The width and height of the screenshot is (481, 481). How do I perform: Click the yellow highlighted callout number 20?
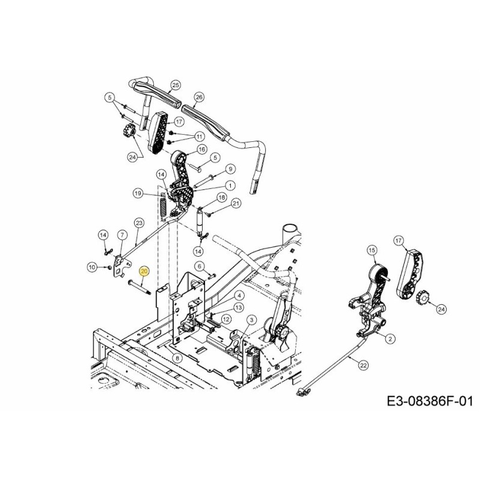(144, 272)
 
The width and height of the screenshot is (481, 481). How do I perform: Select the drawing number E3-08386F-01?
(430, 401)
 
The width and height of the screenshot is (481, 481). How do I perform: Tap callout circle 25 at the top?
(176, 85)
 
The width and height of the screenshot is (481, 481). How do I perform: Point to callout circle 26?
(199, 97)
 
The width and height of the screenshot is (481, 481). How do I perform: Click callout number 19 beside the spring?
(138, 193)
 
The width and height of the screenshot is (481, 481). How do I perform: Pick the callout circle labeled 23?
(139, 222)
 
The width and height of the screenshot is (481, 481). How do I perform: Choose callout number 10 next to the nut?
(92, 268)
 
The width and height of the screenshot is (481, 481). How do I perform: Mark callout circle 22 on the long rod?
(364, 366)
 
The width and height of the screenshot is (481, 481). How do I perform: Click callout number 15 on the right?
(372, 250)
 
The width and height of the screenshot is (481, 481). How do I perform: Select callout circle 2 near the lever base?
(390, 339)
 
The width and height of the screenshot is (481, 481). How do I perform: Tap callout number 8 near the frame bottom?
(177, 358)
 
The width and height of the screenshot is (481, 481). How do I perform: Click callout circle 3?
(251, 320)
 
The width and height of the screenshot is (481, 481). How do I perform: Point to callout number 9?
(230, 169)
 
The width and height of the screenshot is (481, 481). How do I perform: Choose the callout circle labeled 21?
(236, 203)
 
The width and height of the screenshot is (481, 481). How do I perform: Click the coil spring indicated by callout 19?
(163, 207)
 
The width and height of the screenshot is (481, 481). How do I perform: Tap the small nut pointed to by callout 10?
(108, 268)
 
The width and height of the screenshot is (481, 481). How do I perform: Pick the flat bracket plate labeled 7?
(122, 265)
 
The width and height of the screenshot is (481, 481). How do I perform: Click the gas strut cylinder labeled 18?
(200, 221)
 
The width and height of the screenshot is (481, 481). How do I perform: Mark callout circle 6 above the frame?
(200, 266)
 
